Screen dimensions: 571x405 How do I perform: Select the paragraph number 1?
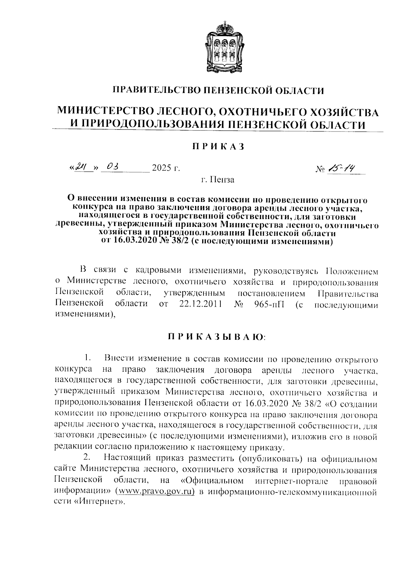click(x=87, y=357)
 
